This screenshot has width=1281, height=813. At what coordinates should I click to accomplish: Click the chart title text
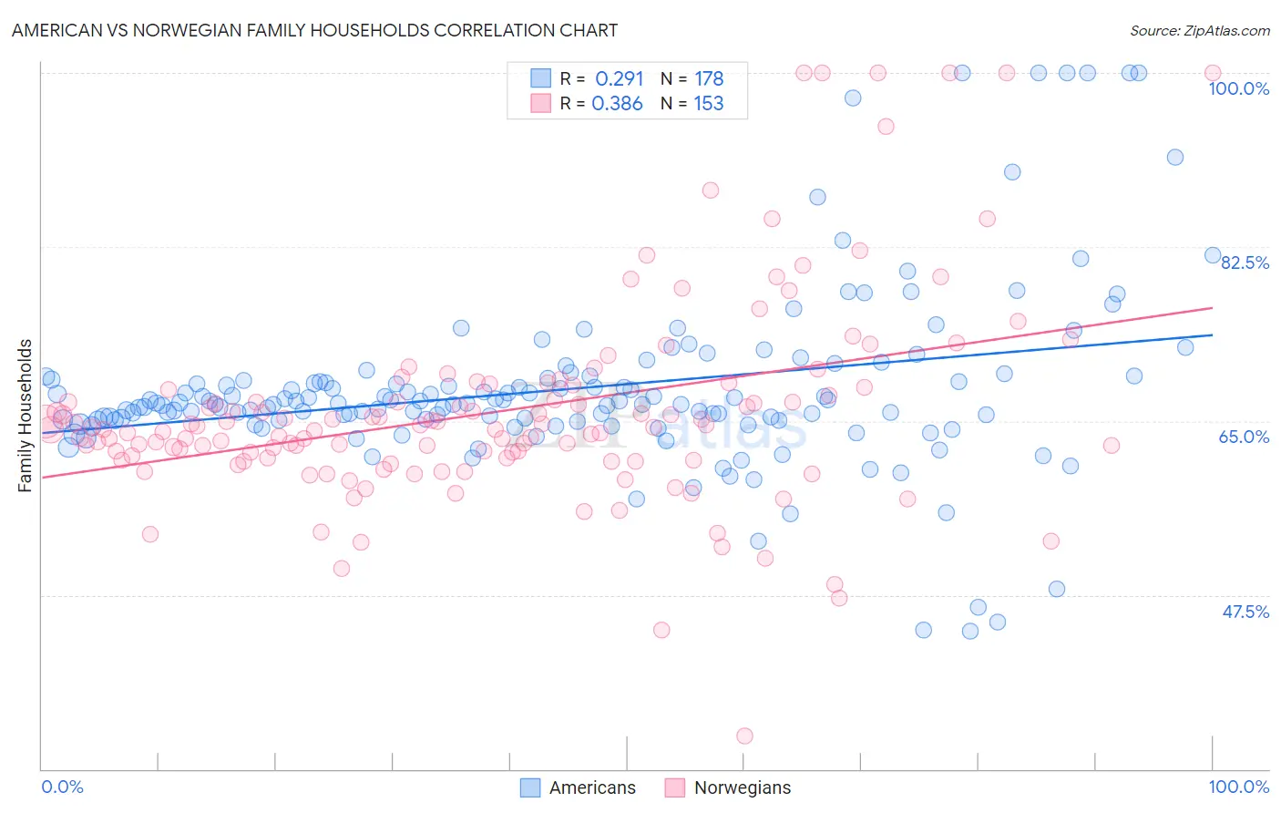315,30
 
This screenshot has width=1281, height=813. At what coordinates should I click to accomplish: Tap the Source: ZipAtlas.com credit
1199,30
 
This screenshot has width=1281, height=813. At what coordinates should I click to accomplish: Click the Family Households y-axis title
25,416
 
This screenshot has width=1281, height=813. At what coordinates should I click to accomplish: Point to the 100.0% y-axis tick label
1238,88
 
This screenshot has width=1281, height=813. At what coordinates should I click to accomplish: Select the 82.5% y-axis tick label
1245,262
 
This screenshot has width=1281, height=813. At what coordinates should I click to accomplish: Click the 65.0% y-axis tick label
1244,437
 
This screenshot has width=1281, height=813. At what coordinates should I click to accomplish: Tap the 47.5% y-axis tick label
1245,612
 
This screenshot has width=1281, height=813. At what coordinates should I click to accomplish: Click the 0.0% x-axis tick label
63,787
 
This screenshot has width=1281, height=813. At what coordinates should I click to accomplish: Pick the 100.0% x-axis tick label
1238,787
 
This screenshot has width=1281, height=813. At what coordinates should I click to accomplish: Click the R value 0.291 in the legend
619,78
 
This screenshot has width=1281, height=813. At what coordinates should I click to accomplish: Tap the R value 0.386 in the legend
617,104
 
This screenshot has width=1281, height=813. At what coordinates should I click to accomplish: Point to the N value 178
709,78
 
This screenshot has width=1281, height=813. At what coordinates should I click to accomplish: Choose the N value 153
709,104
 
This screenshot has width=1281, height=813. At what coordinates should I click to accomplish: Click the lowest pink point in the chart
744,736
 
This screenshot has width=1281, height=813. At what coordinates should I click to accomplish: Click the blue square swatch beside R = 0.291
541,78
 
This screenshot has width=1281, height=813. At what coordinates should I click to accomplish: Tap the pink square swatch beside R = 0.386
541,104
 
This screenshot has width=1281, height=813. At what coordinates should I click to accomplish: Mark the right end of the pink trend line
1213,308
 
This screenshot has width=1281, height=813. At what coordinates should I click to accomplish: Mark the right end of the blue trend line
1213,334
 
